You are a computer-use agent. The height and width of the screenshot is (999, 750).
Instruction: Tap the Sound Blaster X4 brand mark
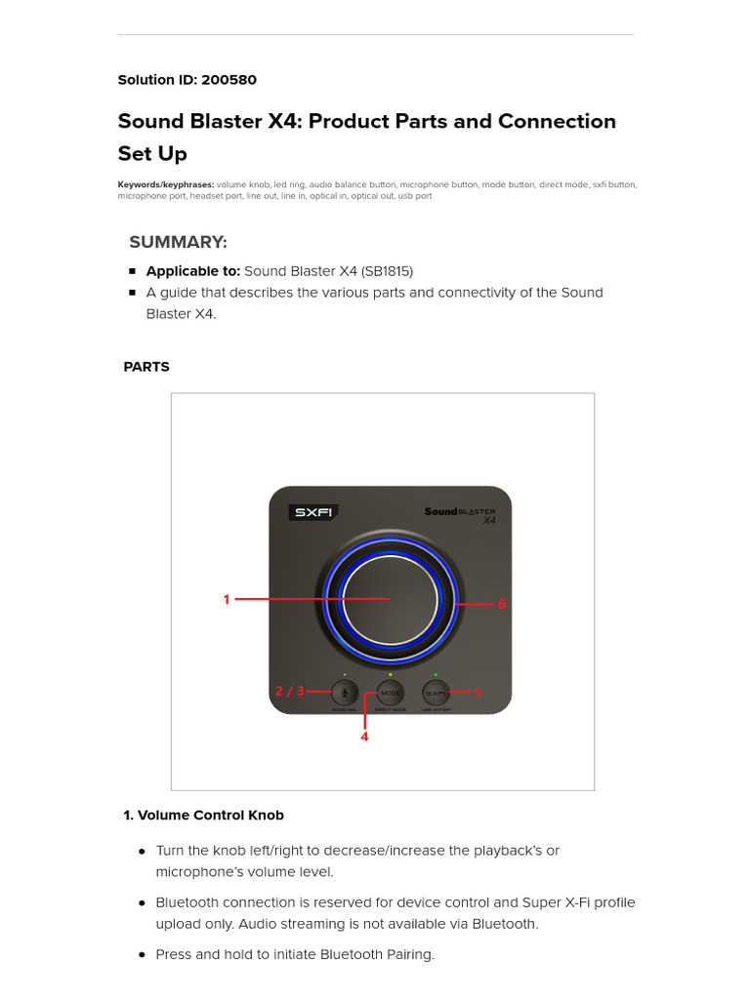tap(460, 514)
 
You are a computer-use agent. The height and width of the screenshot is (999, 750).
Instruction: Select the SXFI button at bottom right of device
tap(436, 693)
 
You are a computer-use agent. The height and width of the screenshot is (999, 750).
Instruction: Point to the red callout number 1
tap(227, 600)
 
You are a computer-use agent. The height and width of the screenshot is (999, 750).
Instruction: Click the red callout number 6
tap(502, 604)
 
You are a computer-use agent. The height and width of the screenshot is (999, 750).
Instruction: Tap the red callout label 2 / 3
tap(289, 691)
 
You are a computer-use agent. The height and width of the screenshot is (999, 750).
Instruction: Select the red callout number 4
tap(364, 738)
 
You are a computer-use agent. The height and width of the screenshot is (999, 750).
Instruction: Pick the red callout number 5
tap(478, 693)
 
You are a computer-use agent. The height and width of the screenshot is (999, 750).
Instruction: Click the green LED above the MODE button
tap(391, 675)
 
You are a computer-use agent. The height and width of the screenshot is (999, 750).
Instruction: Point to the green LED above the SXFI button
tap(436, 675)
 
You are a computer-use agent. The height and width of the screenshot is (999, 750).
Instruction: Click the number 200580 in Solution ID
tap(229, 80)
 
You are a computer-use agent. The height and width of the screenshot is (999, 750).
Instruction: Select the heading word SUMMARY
tap(178, 242)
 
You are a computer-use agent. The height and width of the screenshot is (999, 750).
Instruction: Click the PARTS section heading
tap(146, 367)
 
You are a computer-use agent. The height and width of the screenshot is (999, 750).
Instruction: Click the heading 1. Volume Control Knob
tap(203, 815)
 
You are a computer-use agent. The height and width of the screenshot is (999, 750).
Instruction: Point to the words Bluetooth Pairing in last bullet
tap(376, 954)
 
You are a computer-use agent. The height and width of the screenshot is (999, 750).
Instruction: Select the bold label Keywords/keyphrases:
tap(165, 184)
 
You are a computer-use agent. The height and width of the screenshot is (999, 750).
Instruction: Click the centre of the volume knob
tap(390, 599)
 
